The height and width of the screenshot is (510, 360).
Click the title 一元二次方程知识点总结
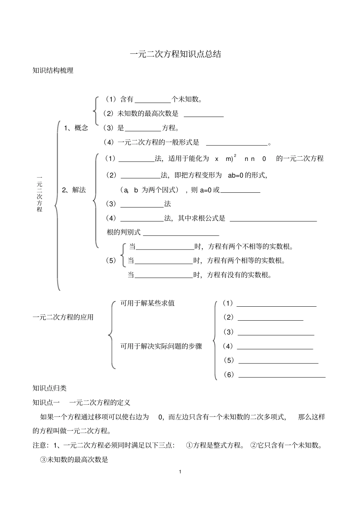(175, 54)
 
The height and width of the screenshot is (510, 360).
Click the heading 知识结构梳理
(53, 70)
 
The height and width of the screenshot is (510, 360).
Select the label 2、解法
(74, 190)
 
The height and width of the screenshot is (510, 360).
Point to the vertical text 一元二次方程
(39, 193)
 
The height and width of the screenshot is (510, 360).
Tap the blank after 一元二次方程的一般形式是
(236, 143)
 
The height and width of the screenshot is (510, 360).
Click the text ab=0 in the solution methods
(235, 175)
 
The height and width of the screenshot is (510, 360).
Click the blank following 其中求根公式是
(273, 219)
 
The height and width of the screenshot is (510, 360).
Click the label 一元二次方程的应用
(63, 317)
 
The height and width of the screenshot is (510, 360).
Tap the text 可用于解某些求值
(147, 303)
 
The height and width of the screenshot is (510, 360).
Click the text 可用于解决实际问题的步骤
(161, 346)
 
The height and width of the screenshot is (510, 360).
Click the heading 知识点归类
(50, 388)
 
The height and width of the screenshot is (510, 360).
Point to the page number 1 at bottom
(180, 472)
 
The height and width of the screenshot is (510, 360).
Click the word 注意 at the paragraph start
(39, 446)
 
